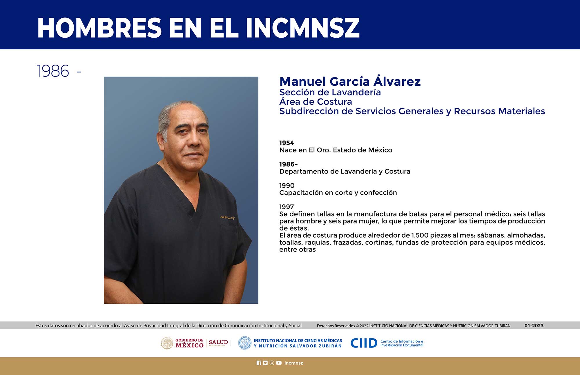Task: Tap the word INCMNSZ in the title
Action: tap(303, 28)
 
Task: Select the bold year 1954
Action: tap(287, 143)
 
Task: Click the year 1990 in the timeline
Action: tap(287, 185)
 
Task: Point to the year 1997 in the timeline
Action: tap(287, 207)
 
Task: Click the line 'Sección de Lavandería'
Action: tap(330, 92)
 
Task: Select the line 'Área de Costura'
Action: tap(316, 102)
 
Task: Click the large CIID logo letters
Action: tap(364, 343)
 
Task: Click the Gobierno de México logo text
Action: tap(189, 343)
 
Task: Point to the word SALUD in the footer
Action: tap(218, 342)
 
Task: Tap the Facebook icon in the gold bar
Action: tap(259, 363)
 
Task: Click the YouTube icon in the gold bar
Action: tap(279, 363)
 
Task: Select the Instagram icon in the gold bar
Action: tap(272, 363)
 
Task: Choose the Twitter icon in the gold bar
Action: tap(265, 363)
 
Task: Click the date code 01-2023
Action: tap(534, 325)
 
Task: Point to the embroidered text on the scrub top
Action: tap(227, 217)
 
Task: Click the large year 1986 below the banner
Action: tap(53, 71)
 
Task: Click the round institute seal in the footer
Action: tap(244, 343)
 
